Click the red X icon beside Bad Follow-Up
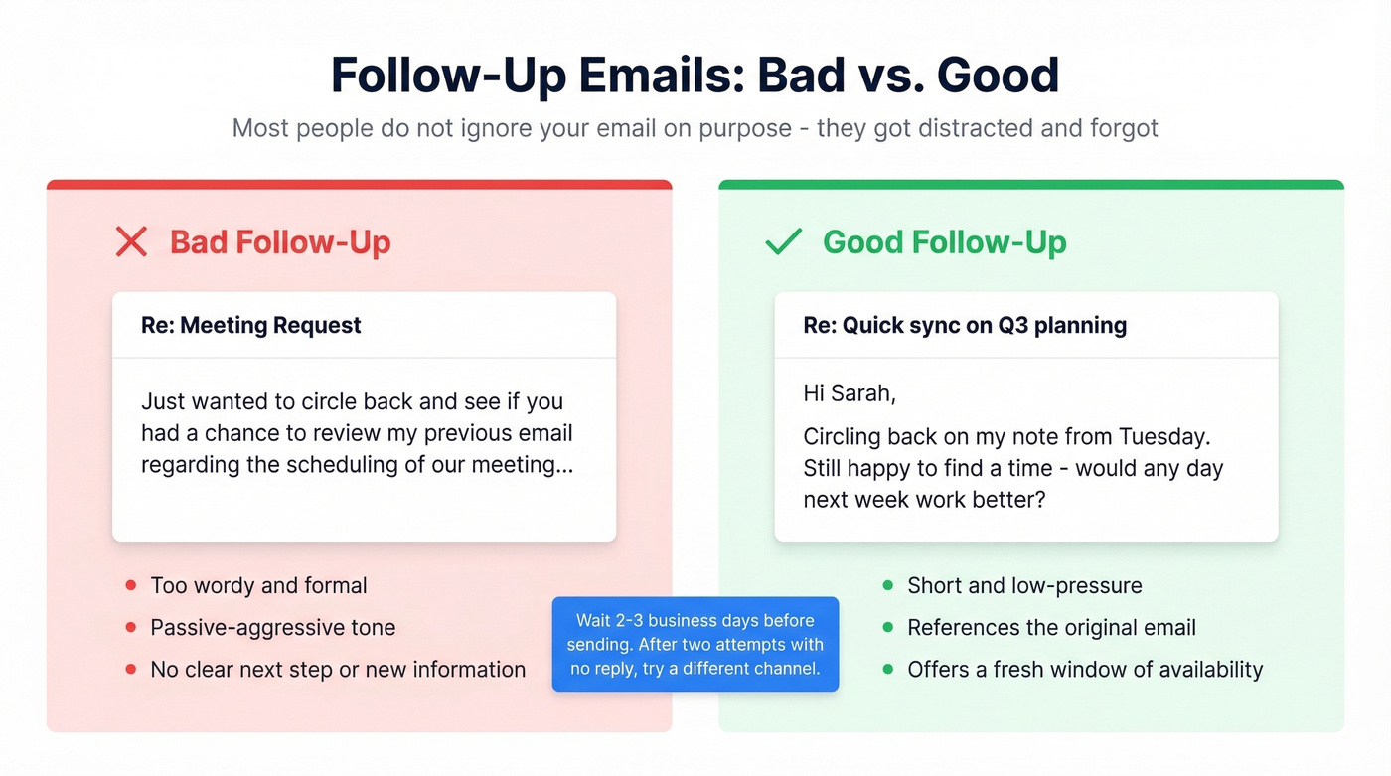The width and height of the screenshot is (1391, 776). tap(131, 241)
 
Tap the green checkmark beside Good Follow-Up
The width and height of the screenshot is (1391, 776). tap(783, 241)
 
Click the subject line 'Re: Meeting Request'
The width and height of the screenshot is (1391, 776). tap(251, 325)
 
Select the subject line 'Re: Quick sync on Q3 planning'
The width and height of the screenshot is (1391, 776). tap(965, 325)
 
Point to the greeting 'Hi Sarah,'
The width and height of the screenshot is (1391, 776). tap(850, 393)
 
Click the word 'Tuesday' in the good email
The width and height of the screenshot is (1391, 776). tap(1163, 437)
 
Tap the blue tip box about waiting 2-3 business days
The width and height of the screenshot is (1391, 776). tap(695, 644)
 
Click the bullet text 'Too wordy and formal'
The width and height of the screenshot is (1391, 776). tap(258, 585)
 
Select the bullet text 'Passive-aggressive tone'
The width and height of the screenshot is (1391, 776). tap(272, 627)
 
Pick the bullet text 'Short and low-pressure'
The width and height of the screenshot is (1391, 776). tap(1024, 585)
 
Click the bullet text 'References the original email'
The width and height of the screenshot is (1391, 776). tap(1051, 627)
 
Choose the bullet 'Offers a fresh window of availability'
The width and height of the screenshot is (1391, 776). tap(1085, 669)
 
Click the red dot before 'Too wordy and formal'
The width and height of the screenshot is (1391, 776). tap(130, 585)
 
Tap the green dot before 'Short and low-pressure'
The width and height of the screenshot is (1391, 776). tap(887, 585)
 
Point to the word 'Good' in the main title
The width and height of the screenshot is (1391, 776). tap(999, 76)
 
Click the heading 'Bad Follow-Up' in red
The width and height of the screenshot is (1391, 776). tap(280, 241)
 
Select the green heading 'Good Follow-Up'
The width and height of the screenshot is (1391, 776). tap(945, 241)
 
